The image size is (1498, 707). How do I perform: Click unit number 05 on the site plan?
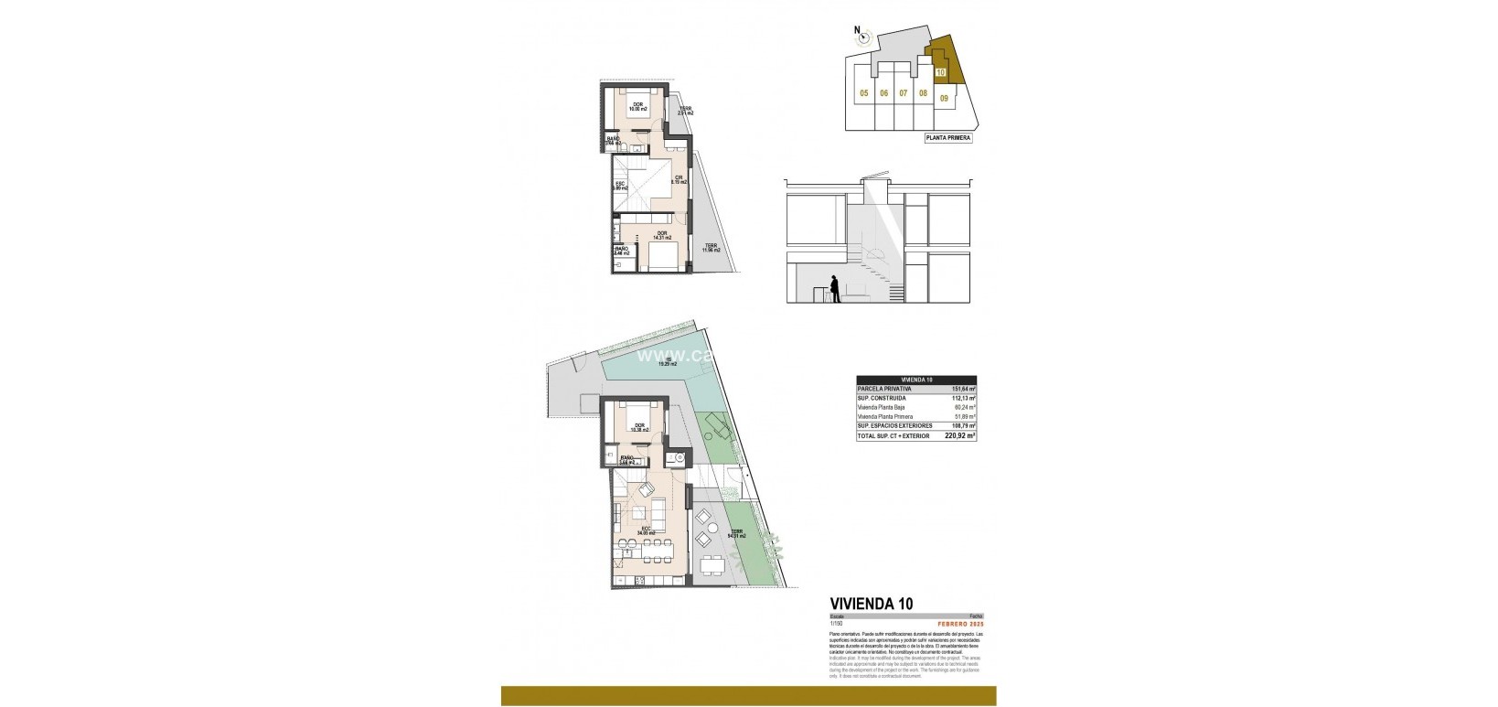863,93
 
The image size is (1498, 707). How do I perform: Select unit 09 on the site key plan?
944,96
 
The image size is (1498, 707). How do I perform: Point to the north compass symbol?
865,37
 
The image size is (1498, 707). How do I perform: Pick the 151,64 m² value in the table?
963,389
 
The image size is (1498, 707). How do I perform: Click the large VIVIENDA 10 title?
870,603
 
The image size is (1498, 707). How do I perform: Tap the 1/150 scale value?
836,623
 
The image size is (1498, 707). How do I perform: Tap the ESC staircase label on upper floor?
621,186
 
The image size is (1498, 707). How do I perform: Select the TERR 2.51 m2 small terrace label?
685,111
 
